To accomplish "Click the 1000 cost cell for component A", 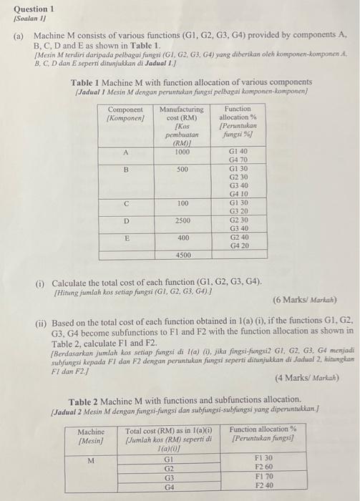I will [x=183, y=152].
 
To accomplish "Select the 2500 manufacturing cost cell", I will [x=183, y=221].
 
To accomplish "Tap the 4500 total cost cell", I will [x=183, y=255].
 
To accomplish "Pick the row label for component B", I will [x=126, y=169].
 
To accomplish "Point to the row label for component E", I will [x=126, y=238].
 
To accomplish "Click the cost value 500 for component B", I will [x=183, y=169].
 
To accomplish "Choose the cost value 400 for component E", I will [x=183, y=238].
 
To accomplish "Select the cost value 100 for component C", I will [x=183, y=203].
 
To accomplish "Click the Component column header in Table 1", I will [x=126, y=113].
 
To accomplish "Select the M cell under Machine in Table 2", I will [x=92, y=461].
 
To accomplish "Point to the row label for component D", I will [x=126, y=221].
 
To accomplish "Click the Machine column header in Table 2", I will [x=91, y=435].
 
